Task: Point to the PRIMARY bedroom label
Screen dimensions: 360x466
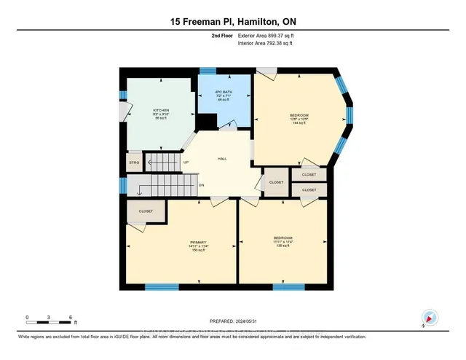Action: click(x=199, y=242)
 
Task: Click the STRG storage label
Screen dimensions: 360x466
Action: click(x=134, y=162)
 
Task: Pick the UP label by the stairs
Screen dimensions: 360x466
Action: click(x=186, y=162)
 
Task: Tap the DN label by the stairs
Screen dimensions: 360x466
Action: click(x=202, y=184)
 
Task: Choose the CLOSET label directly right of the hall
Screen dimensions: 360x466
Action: click(x=276, y=182)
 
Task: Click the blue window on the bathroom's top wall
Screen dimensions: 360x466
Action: click(x=208, y=70)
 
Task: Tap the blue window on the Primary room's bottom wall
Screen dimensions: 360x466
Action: click(x=162, y=286)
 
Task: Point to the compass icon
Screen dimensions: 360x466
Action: click(x=429, y=318)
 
